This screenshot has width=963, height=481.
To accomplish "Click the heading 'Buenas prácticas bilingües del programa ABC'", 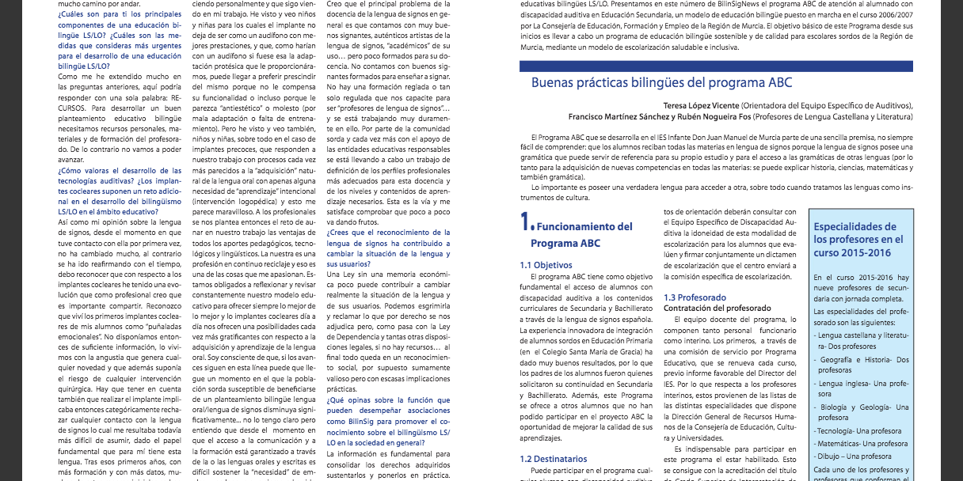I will pyautogui.click(x=660, y=82).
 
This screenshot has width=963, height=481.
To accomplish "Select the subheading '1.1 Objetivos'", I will pyautogui.click(x=546, y=265).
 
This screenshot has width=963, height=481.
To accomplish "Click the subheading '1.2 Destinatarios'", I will pyautogui.click(x=553, y=458).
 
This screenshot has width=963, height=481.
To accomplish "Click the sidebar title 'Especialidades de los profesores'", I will pyautogui.click(x=858, y=239).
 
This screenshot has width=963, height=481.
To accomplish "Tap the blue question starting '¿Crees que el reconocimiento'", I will pyautogui.click(x=388, y=244).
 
